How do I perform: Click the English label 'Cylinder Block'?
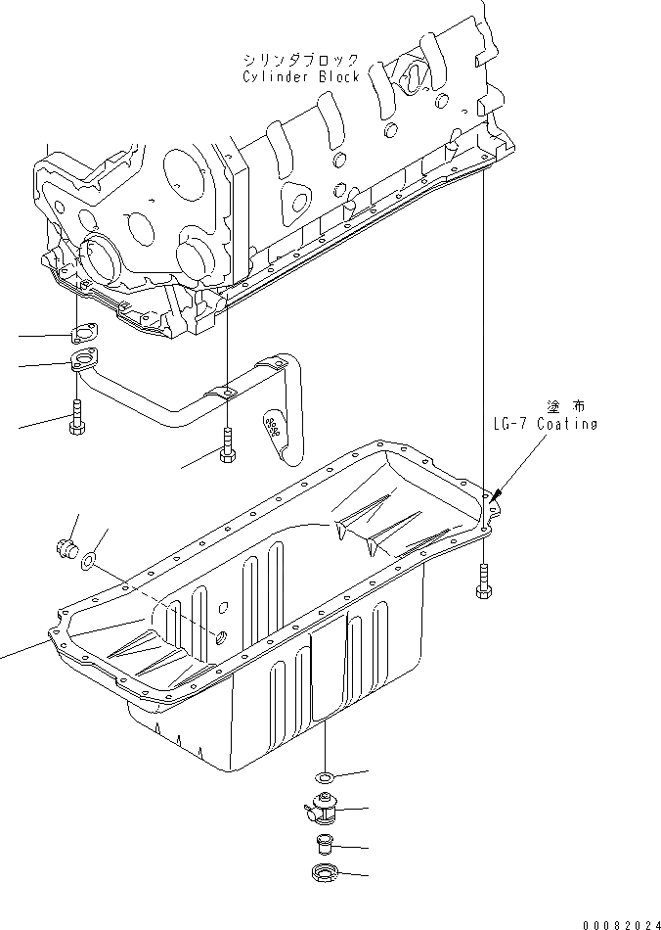click(x=302, y=76)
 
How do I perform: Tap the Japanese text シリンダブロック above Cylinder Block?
click(x=300, y=60)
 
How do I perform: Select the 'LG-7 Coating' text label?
click(x=545, y=425)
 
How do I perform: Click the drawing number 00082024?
click(x=620, y=922)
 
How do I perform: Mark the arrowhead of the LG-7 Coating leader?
click(x=496, y=494)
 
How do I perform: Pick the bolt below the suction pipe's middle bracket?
click(x=227, y=445)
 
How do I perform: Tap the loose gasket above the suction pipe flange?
click(x=83, y=333)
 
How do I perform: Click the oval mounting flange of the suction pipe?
click(x=82, y=365)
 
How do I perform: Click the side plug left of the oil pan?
click(x=67, y=545)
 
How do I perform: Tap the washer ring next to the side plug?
click(x=89, y=560)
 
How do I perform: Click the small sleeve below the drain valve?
click(x=323, y=845)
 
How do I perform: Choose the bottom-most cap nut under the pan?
click(x=323, y=873)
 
